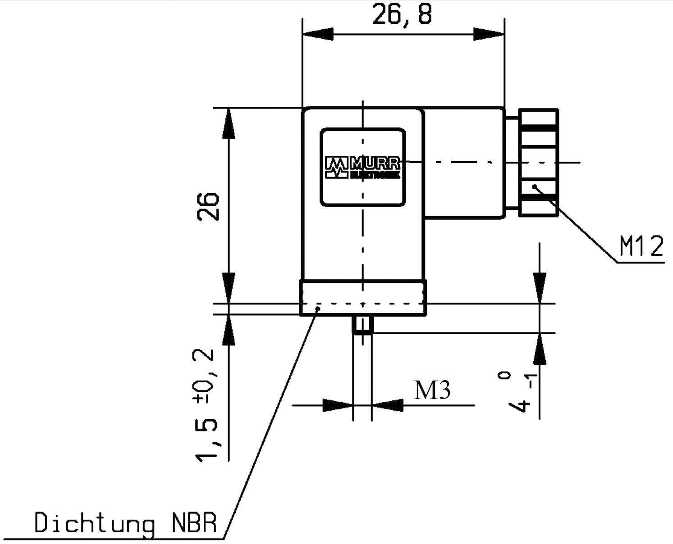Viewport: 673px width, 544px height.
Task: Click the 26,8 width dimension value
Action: (x=402, y=15)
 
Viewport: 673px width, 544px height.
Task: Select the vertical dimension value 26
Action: (x=208, y=207)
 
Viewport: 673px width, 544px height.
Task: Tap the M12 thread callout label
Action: (x=641, y=247)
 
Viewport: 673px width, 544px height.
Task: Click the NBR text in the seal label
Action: (x=194, y=524)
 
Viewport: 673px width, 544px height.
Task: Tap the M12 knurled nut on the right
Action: (x=538, y=162)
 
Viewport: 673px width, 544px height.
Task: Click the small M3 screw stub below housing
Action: (x=362, y=325)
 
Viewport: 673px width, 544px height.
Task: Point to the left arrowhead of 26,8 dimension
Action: (x=318, y=34)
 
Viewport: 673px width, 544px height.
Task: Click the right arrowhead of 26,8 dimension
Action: (x=489, y=34)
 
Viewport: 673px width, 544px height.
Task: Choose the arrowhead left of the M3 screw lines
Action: (x=337, y=405)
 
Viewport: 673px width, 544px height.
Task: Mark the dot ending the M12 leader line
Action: (x=534, y=186)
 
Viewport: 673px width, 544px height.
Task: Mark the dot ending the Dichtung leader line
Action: (x=318, y=308)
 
